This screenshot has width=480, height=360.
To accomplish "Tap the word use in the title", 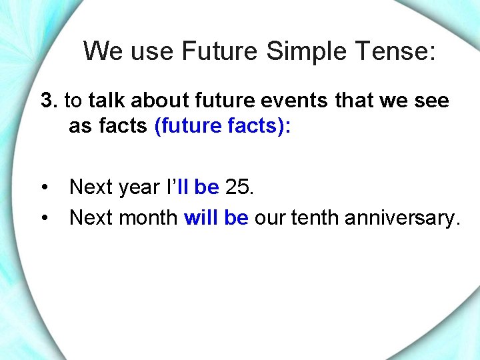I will [151, 51].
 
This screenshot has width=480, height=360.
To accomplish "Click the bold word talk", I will [107, 101].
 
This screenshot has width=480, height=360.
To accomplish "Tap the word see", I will [431, 101].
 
